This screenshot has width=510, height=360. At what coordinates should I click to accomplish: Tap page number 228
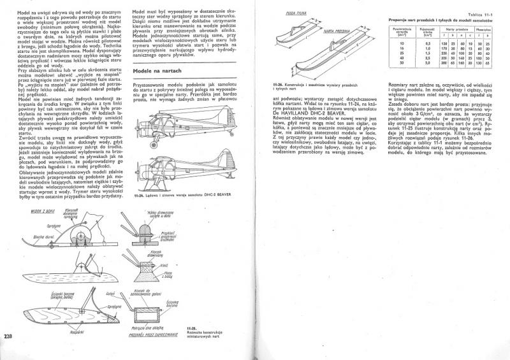(x=8, y=337)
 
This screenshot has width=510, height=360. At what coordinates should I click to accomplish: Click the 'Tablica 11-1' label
(x=483, y=14)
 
